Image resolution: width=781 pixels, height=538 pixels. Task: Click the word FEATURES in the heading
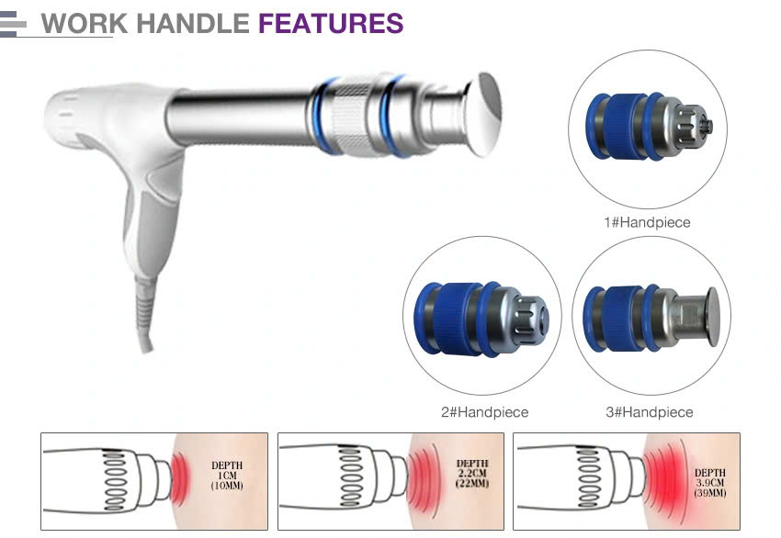pyautogui.click(x=331, y=23)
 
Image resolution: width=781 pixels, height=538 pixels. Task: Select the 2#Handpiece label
pyautogui.click(x=484, y=412)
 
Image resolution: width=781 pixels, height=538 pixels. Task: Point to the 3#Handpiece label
pyautogui.click(x=649, y=412)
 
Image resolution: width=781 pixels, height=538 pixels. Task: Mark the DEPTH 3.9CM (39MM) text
pyautogui.click(x=707, y=477)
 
